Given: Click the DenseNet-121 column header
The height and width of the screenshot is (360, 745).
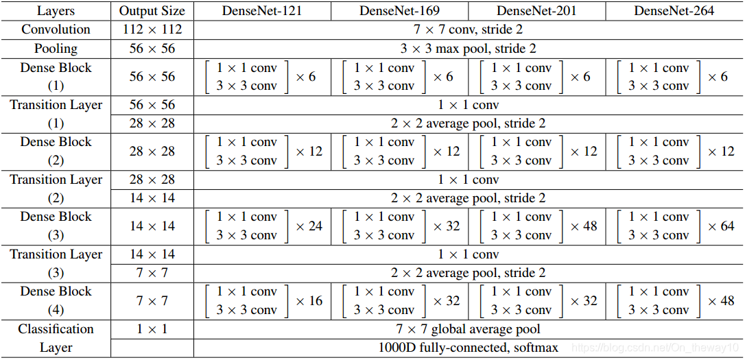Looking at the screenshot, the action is [262, 11].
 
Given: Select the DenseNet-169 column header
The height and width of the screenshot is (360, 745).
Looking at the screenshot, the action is [399, 11].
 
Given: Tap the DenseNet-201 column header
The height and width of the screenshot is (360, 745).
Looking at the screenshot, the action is [536, 11].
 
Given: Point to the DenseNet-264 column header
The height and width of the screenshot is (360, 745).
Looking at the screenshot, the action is [674, 11].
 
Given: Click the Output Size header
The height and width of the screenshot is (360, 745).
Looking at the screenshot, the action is [152, 11].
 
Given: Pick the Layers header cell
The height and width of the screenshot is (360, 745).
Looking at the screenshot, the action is [56, 11].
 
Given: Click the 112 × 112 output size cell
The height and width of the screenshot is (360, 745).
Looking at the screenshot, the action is [152, 29].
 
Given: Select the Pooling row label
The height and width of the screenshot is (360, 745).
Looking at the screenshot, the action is [56, 49].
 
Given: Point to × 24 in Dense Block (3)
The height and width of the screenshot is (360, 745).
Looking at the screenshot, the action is [309, 226].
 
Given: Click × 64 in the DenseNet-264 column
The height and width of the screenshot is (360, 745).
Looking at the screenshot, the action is [721, 226].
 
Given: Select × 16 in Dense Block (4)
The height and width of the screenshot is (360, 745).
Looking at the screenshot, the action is [309, 300].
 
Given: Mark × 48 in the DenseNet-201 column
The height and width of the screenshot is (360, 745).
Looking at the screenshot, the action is [584, 226].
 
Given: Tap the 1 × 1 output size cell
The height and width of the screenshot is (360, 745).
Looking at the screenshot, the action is [152, 328].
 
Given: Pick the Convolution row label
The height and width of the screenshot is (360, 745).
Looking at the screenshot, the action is [56, 29].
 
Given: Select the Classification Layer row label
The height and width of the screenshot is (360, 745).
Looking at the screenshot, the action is [56, 338].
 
